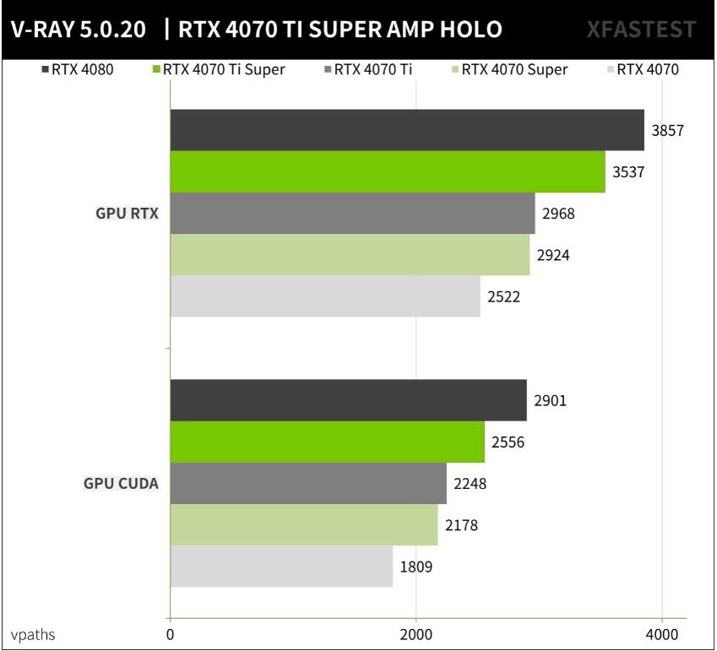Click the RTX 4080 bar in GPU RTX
coord(406,130)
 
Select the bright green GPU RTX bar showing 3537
coord(388,171)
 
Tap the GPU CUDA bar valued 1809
coord(281,567)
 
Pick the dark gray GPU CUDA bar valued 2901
coord(348,400)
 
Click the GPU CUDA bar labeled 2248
coord(308,484)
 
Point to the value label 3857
coord(667,131)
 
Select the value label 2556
coord(508,442)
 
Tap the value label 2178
coord(461,525)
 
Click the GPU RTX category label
coord(127,214)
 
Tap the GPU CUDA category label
coord(121,484)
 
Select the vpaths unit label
coord(33,635)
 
